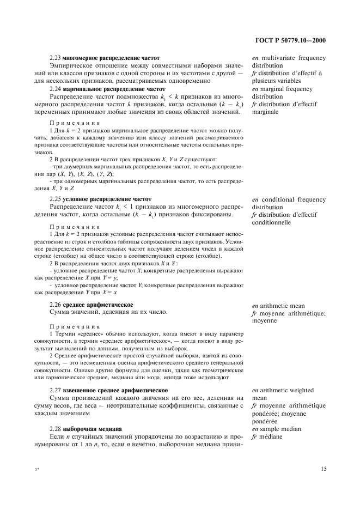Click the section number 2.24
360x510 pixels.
tap(55, 88)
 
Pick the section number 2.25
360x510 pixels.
tap(55, 199)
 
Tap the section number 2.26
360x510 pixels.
tap(55, 304)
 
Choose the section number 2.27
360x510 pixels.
tap(55, 390)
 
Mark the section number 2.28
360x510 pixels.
tap(55, 429)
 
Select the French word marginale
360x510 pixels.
tap(265, 112)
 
